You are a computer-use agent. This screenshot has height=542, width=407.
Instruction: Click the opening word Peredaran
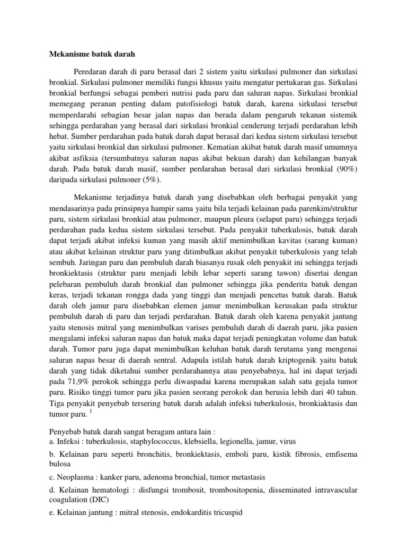tap(94, 71)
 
